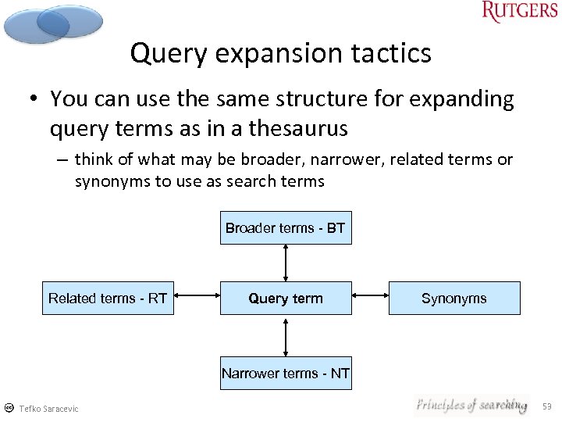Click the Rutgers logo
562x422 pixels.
coord(519,12)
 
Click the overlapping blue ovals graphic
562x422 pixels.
coord(53,23)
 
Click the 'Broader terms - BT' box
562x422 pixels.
coord(285,228)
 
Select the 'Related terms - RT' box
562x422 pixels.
coord(108,299)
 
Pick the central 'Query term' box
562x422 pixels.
coord(285,299)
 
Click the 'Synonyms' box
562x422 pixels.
coord(454,299)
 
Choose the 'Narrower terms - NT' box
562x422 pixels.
coord(285,374)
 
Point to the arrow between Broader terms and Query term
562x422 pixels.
coord(286,263)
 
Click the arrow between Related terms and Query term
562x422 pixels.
coord(197,296)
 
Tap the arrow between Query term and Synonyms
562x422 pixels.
coord(370,296)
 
